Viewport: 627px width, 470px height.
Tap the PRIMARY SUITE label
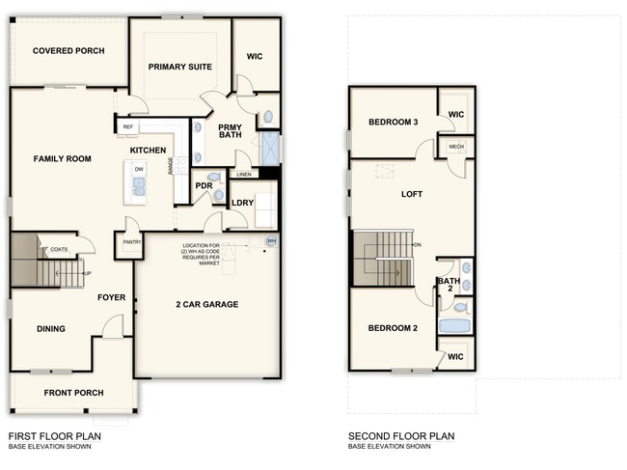(179, 67)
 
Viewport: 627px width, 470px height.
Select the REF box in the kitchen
(127, 126)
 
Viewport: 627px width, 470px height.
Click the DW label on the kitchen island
(139, 170)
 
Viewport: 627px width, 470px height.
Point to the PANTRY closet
(131, 243)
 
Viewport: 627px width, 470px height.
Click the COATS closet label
(59, 249)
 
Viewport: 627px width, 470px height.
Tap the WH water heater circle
(271, 241)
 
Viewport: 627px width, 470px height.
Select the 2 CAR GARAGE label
(206, 305)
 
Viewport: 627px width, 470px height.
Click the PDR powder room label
(204, 185)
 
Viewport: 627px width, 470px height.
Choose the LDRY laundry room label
(242, 203)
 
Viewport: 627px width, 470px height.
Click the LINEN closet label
(244, 175)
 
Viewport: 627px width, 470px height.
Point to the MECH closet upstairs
(456, 147)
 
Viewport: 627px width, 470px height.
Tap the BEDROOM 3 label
(393, 123)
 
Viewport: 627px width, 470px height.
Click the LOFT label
(412, 195)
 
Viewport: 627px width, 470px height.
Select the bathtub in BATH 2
(454, 325)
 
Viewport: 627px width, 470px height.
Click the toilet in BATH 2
(461, 307)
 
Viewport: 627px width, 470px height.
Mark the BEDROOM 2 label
(393, 328)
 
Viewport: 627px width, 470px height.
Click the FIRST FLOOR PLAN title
(54, 436)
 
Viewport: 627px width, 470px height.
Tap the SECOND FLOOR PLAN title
(400, 436)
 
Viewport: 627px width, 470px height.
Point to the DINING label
(51, 329)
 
